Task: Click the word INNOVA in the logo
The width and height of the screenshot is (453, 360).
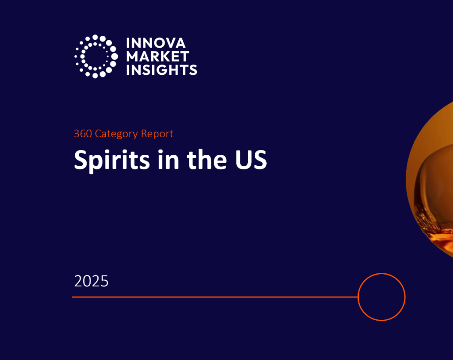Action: pos(156,43)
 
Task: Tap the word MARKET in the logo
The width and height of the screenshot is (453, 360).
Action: pos(157,57)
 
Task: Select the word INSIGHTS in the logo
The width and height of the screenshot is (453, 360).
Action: pos(161,70)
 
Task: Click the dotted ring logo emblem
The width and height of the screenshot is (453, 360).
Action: pos(96,56)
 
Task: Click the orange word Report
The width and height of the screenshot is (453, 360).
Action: pos(157,134)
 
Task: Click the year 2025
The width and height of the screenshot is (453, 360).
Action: pos(91,281)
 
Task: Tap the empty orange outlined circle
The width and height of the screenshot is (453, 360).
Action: pos(381,297)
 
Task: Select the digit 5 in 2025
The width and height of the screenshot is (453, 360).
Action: pos(104,281)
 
